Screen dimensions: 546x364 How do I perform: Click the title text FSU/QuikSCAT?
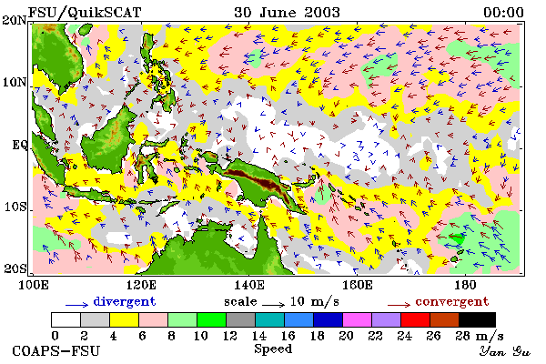tap(85, 13)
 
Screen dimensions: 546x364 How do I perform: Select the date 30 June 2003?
tap(287, 13)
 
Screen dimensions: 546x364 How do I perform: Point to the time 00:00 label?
tap(503, 13)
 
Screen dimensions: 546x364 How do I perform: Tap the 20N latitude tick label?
tap(15, 20)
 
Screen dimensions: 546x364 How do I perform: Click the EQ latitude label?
tap(19, 145)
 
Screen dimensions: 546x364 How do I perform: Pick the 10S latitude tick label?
tap(15, 207)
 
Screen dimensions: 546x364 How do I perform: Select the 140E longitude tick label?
tap(248, 285)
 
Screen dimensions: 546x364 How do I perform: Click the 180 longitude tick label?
tap(465, 285)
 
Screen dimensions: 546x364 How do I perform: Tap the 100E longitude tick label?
tap(33, 285)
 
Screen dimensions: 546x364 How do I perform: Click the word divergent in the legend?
tap(125, 302)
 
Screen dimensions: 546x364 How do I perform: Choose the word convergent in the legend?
tap(452, 302)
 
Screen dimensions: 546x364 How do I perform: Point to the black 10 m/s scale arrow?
tap(274, 305)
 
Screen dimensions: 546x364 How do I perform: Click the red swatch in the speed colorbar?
tap(415, 319)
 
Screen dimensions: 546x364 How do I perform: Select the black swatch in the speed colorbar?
tap(477, 319)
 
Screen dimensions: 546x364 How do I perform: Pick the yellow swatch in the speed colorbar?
tap(124, 319)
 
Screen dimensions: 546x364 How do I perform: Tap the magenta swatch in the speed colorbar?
tap(357, 319)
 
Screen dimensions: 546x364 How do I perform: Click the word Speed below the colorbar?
tap(273, 349)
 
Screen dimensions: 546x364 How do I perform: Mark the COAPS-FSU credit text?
tap(56, 350)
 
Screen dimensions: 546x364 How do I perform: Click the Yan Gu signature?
tap(504, 351)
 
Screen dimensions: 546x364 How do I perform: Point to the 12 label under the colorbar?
tap(230, 336)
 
